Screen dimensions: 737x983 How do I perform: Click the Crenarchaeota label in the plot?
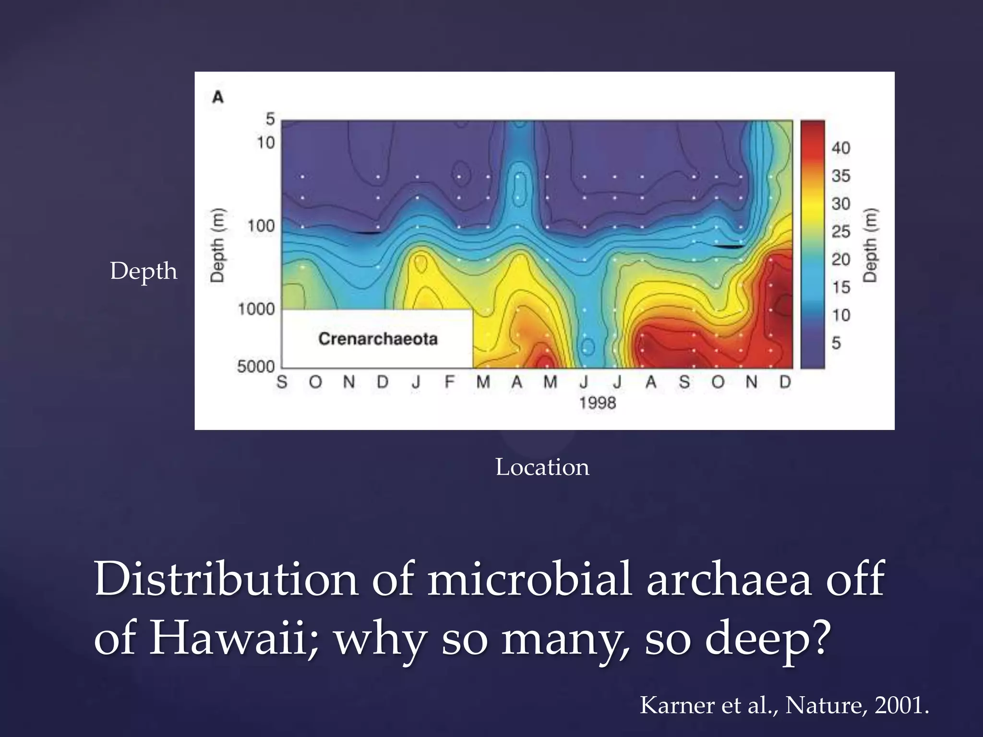(378, 339)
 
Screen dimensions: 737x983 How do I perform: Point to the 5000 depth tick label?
(256, 367)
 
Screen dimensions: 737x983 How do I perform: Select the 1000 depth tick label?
(256, 309)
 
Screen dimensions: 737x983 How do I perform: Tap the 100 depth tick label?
(261, 226)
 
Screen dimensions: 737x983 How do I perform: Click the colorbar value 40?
(841, 148)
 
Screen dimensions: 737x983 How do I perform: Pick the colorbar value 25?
(841, 231)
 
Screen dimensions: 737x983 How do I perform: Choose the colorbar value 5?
(836, 343)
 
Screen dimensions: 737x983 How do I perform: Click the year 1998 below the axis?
(597, 403)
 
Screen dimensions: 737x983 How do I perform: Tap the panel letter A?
(218, 97)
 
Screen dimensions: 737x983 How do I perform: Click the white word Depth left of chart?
(144, 271)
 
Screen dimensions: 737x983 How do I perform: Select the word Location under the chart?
(542, 467)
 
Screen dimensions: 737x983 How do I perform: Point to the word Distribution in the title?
(226, 579)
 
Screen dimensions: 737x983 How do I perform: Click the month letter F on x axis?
(449, 382)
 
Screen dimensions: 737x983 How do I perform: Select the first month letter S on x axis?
(282, 382)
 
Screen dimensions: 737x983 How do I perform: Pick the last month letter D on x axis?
(785, 382)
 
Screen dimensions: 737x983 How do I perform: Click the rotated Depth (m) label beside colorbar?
(870, 245)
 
